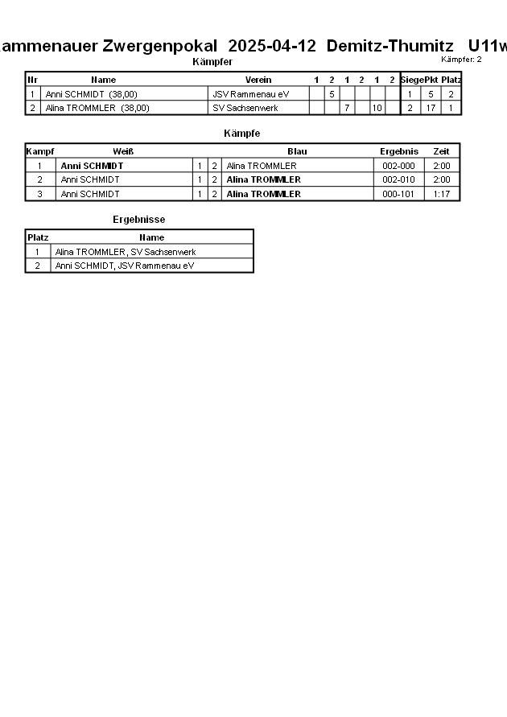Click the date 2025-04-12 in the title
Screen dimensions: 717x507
coord(272,46)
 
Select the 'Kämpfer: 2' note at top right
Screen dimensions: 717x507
coord(461,60)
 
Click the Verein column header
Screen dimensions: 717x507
coord(258,80)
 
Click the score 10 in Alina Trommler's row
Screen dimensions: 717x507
coord(377,108)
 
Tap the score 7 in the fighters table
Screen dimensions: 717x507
coord(346,108)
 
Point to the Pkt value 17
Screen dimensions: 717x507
coord(431,108)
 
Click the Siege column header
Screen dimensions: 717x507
coord(411,80)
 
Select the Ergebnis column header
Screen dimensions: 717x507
coord(399,151)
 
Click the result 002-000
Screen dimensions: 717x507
coord(399,166)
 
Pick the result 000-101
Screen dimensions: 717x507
coord(399,194)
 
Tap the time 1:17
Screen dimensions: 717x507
coord(441,194)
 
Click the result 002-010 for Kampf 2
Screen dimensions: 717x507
coord(399,179)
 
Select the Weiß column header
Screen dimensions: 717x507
coord(123,151)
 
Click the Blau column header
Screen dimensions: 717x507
coord(297,151)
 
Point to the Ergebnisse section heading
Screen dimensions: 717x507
coord(139,219)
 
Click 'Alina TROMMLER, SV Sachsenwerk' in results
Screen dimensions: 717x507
coord(126,252)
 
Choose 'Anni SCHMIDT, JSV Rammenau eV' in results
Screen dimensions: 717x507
coord(125,266)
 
